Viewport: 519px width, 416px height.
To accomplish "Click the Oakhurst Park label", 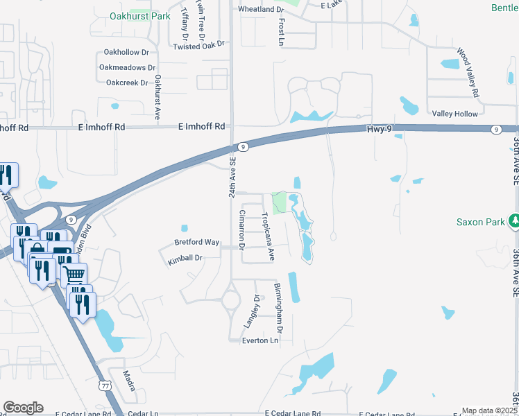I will [x=139, y=15].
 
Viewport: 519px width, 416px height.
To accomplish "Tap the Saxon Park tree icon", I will [x=513, y=221].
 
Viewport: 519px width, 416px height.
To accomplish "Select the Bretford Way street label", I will [x=197, y=242].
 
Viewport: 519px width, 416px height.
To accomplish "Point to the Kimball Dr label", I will [x=185, y=258].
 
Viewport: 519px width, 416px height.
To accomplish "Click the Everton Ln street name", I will [x=260, y=340].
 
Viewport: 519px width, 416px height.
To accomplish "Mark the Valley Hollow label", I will [x=454, y=114].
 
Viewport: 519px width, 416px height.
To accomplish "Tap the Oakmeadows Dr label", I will [x=127, y=67].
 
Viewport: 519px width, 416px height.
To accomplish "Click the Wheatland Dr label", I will [x=261, y=10].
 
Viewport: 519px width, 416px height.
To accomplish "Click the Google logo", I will [x=23, y=407].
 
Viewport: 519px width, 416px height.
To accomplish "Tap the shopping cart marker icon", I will [x=74, y=273].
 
